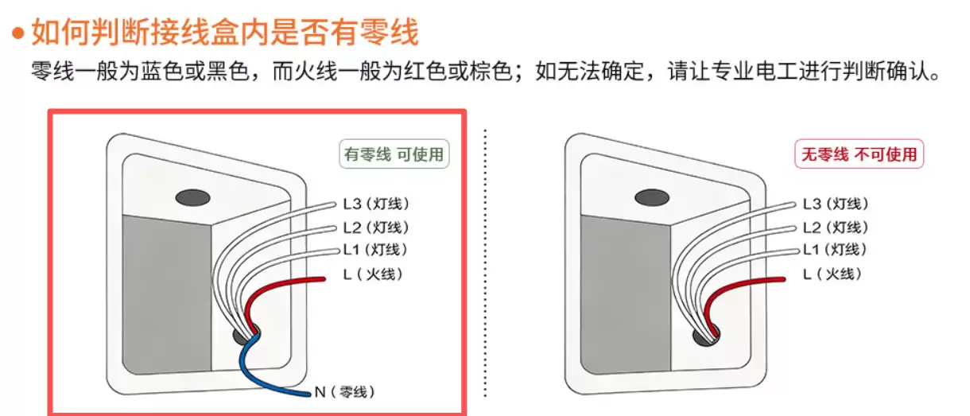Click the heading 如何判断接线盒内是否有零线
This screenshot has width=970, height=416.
coord(224,33)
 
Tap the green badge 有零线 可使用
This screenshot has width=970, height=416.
coord(393,154)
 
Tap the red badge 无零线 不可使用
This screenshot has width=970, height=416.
coord(859,154)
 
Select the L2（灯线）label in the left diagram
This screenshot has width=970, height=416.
coord(376,227)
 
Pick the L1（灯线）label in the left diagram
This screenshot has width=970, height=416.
coord(375,250)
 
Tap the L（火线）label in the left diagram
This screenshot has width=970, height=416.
coord(373,274)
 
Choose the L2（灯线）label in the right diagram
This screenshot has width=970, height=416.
coord(836,227)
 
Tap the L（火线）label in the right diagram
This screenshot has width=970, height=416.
coord(832,274)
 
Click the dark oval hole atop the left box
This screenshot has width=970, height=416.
coord(191,196)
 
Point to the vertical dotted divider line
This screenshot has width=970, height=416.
coord(485,262)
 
